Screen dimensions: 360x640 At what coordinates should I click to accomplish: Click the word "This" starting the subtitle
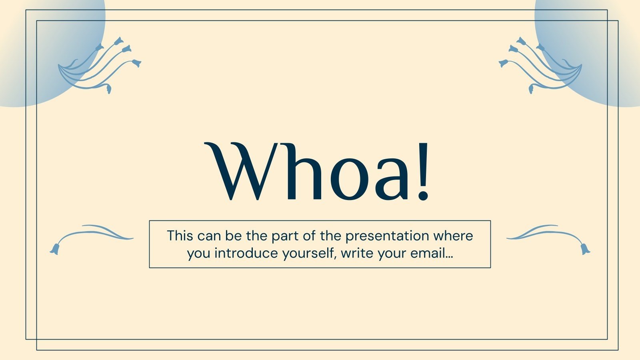[x=180, y=236]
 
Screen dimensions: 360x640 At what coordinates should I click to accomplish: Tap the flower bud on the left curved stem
[x=55, y=249]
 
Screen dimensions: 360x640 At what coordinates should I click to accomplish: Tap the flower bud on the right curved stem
[x=585, y=249]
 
